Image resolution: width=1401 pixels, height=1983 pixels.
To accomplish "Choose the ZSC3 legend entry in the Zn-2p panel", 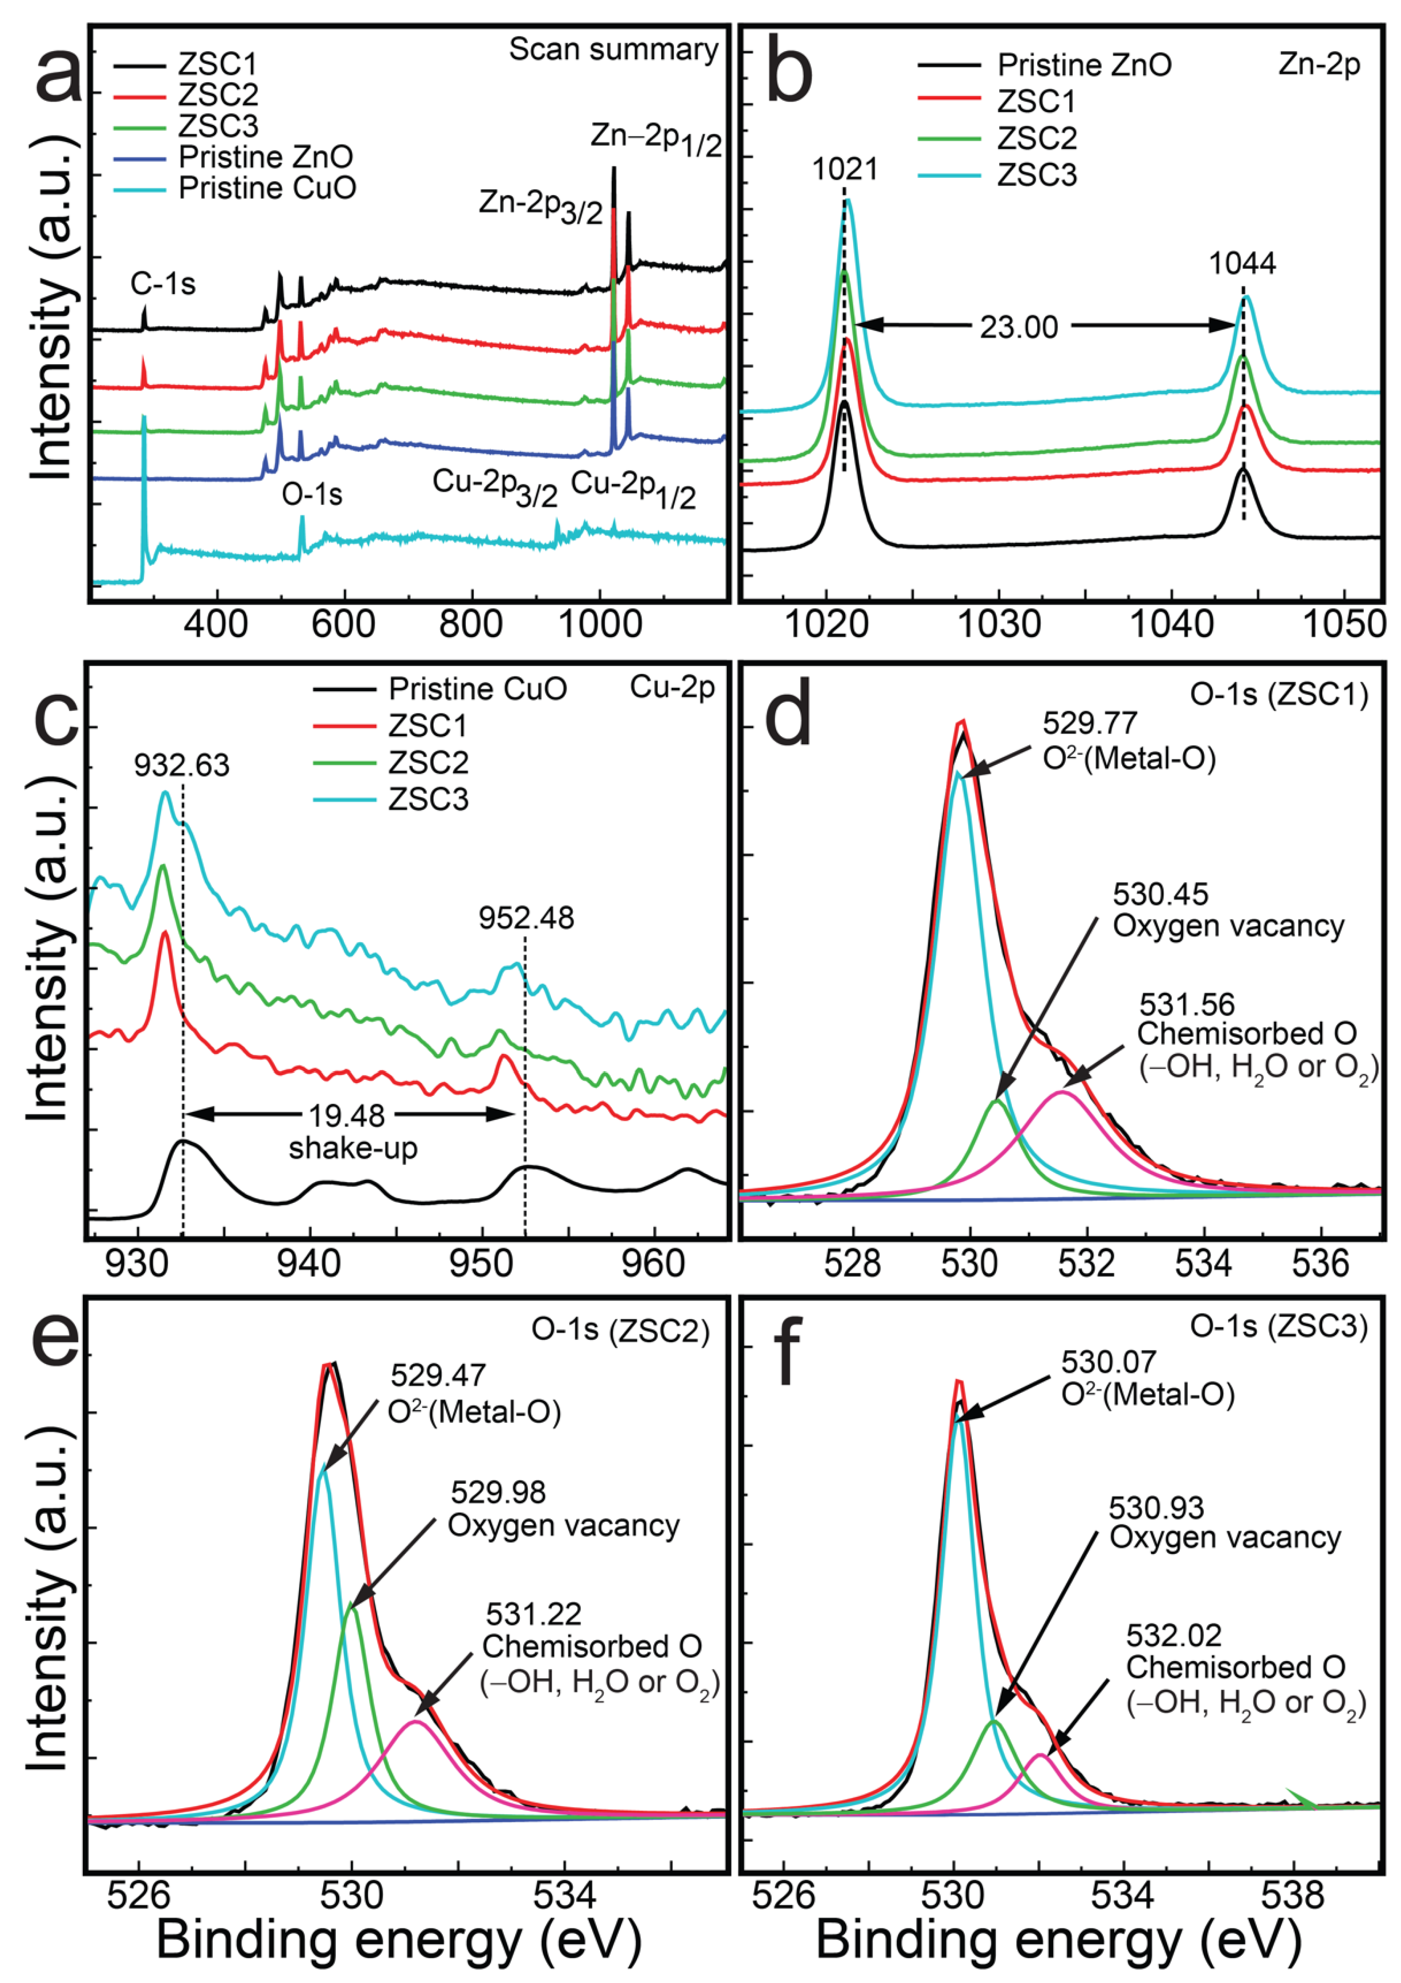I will (1036, 175).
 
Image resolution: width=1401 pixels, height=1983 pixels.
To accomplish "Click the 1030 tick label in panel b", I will (1000, 624).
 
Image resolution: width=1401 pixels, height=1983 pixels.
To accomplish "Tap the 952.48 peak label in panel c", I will (526, 918).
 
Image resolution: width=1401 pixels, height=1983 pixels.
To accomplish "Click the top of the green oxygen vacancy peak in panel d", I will (996, 1101).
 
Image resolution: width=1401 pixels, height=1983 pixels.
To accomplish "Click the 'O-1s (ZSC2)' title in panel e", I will (620, 1330).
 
